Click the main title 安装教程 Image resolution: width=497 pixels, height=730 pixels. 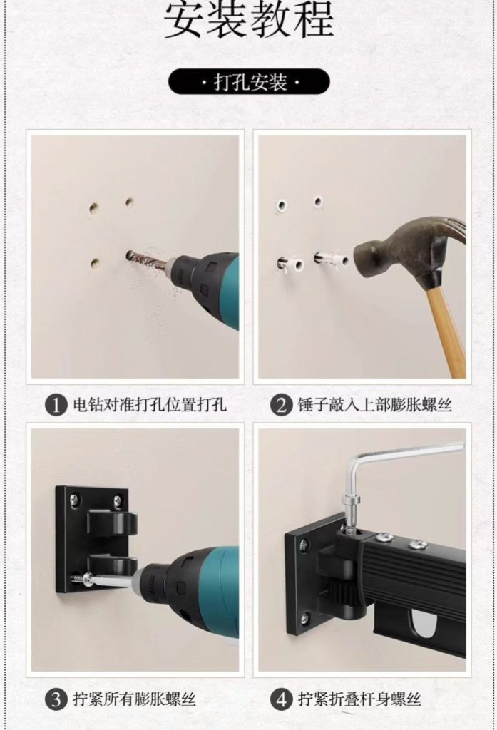click(x=249, y=21)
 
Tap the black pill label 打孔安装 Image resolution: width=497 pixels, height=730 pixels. click(x=249, y=82)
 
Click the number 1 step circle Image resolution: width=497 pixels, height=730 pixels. click(x=56, y=405)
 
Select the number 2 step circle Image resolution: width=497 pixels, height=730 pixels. click(x=281, y=405)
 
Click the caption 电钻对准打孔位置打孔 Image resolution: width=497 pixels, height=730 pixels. click(x=150, y=405)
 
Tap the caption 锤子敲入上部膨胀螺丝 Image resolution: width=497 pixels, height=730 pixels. click(x=375, y=405)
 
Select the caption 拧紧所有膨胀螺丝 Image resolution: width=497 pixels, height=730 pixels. click(x=134, y=699)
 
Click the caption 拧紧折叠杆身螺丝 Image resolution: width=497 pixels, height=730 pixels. click(x=359, y=699)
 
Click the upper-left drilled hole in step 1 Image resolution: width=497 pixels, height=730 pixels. click(x=95, y=207)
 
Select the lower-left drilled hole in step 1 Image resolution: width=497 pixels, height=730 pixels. click(x=96, y=264)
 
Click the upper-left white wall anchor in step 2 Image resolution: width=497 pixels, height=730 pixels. click(x=282, y=205)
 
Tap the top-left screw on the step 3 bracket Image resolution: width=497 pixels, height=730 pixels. click(x=75, y=500)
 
